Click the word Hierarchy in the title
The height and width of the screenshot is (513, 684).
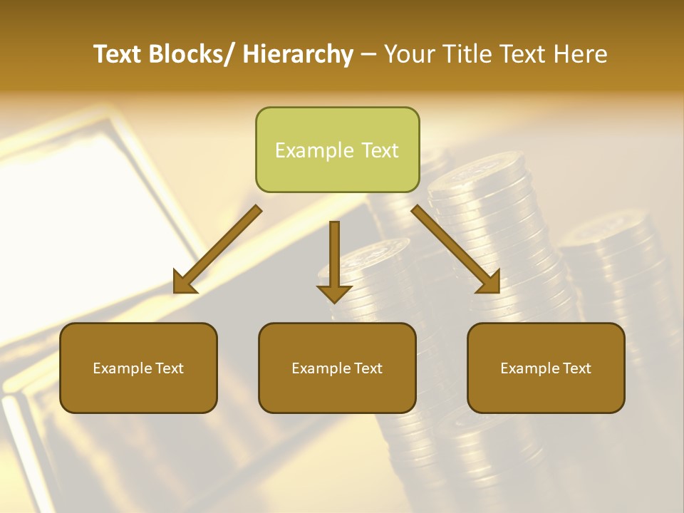pos(297,55)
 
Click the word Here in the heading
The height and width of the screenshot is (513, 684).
pos(582,55)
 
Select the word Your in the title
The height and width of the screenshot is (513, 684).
pos(408,55)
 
